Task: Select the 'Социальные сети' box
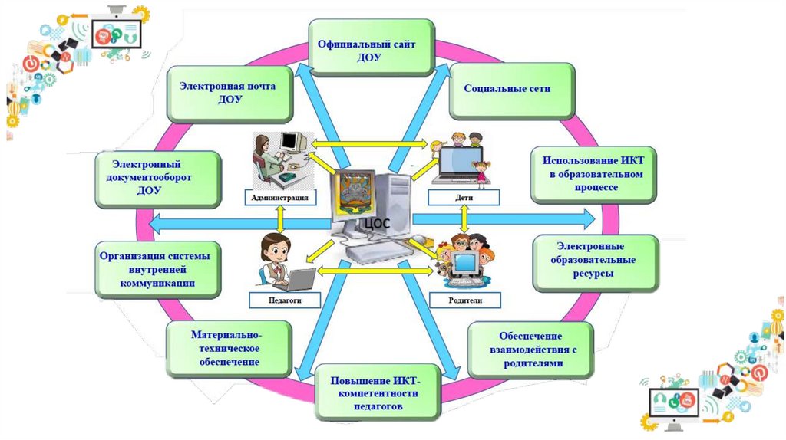tap(507, 89)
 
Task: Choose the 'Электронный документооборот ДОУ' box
tap(158, 178)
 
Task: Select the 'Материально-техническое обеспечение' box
tap(228, 348)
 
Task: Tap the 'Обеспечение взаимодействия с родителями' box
tap(530, 350)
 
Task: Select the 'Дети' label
tap(463, 198)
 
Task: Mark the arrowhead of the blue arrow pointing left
tap(154, 222)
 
